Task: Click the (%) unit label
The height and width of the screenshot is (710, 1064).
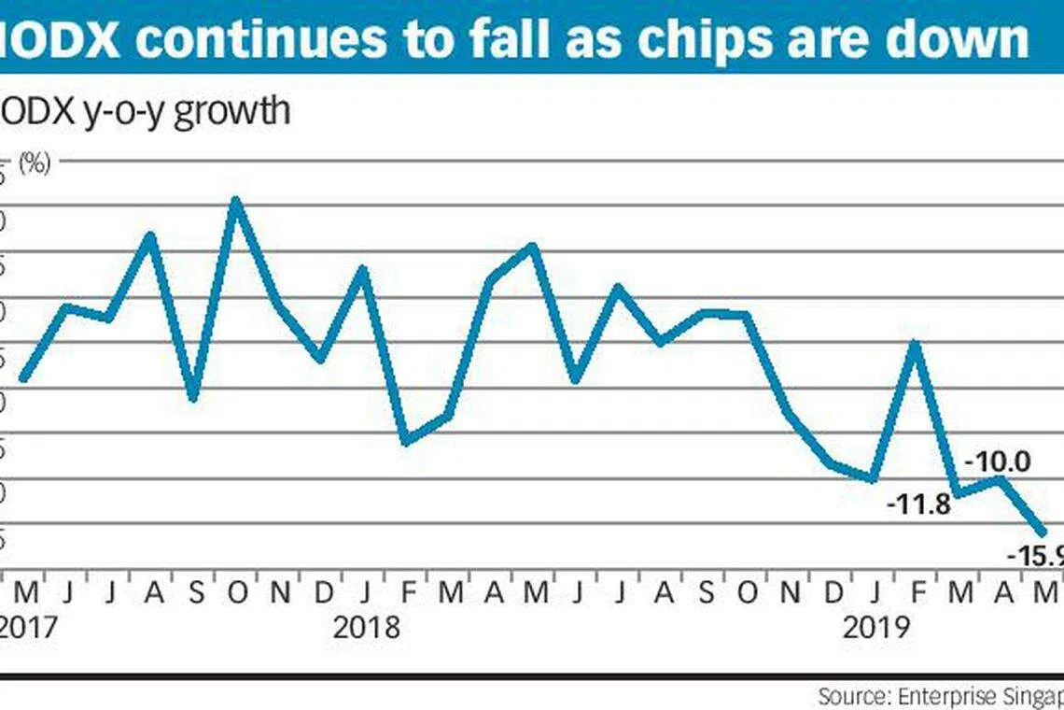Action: pos(34,164)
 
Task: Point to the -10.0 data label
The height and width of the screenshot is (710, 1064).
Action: pos(996,461)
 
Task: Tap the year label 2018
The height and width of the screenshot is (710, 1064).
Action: pos(366,627)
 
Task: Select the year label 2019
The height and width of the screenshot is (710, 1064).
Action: pos(875,627)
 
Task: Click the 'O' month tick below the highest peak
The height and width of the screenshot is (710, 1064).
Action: pos(237,591)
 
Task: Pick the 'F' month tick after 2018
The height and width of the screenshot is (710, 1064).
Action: pos(406,591)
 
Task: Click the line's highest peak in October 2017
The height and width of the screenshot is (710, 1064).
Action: pos(237,200)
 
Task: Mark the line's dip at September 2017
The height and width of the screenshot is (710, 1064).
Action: pos(194,399)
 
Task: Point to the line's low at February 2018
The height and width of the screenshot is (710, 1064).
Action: pos(406,442)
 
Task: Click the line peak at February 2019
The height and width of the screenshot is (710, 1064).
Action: pos(916,343)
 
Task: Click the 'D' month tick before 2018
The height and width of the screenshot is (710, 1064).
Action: pos(322,591)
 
